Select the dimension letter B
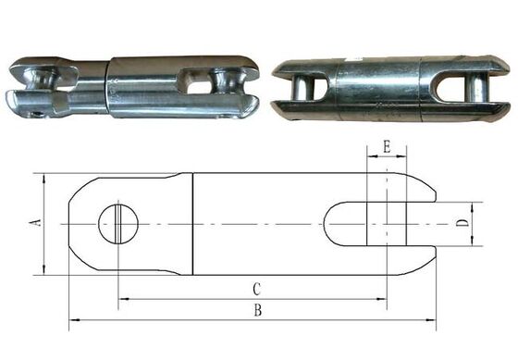pos(258,311)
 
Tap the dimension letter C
pos(256,288)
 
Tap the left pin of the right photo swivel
pos(309,84)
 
